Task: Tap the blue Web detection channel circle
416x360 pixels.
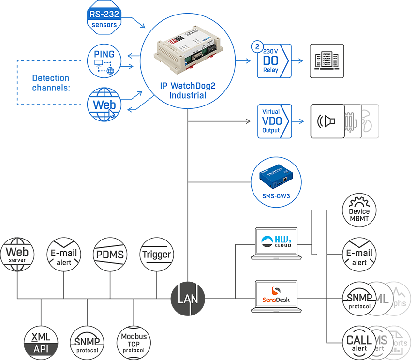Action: coord(104,105)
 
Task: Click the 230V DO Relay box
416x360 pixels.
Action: coord(274,61)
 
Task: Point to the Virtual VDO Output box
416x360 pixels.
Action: coord(274,121)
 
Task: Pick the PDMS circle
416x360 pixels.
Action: coord(110,254)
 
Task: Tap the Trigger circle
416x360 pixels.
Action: coord(156,254)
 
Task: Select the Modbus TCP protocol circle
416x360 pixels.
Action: coord(134,342)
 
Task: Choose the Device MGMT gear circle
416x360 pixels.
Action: coord(359,211)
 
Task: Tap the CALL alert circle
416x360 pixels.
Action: coord(359,342)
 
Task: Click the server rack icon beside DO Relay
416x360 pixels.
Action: coord(327,61)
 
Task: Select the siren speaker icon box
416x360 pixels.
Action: coord(327,121)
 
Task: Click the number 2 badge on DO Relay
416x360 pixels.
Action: coord(257,48)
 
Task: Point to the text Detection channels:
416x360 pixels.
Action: coord(51,83)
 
